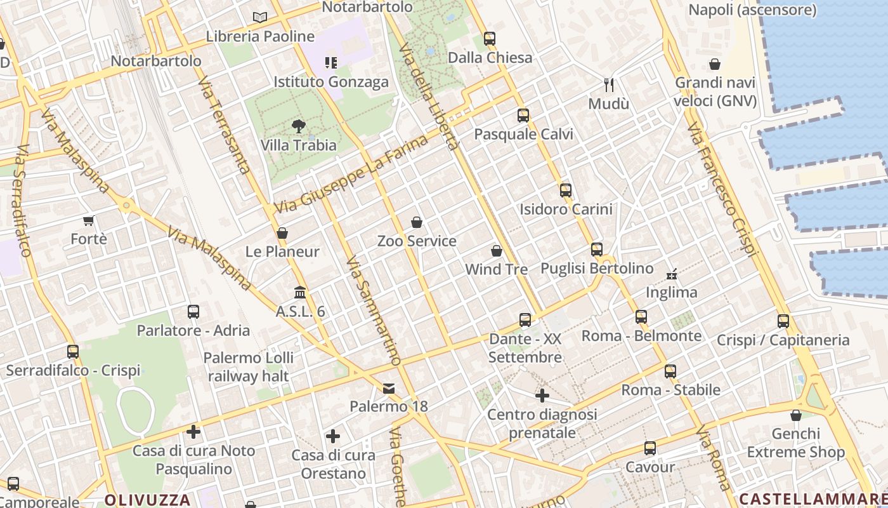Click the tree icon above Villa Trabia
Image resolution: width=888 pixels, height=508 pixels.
299,126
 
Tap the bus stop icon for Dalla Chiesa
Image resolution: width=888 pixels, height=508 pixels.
489,39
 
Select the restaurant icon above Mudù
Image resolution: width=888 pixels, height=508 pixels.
609,84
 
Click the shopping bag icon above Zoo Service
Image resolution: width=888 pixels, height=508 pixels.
417,222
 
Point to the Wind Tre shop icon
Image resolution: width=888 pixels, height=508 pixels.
497,251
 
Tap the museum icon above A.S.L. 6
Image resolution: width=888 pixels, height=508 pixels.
300,293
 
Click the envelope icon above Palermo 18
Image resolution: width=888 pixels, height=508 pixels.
389,388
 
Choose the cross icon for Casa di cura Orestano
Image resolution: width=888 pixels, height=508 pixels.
333,436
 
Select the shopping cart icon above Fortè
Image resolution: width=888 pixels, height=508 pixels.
89,221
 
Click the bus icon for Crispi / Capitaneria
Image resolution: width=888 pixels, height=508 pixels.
783,321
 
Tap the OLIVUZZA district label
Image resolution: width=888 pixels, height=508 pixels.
147,499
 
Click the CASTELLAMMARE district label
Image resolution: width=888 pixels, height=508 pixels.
813,498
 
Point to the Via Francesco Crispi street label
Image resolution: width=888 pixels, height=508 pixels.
723,190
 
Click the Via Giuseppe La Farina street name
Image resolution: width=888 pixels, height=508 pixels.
351,175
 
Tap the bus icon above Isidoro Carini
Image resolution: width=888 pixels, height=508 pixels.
566,190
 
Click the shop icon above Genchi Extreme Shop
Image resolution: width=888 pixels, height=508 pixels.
796,415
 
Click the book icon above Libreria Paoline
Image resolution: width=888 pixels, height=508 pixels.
260,17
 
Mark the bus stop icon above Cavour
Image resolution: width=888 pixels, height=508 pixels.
650,448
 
